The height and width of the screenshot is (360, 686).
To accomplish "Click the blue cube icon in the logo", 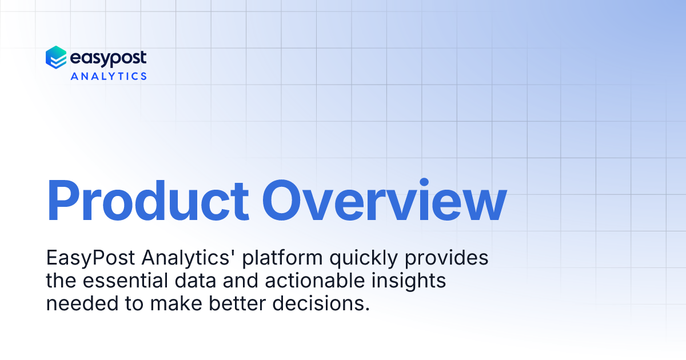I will [x=56, y=58].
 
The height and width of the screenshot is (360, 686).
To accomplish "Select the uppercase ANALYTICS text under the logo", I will [x=109, y=75].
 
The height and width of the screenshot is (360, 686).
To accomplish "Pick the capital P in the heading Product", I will [x=63, y=201].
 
